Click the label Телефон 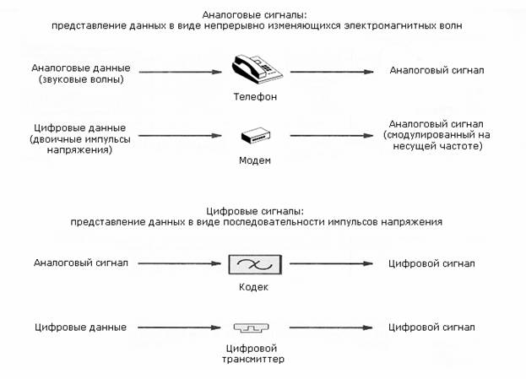(254, 97)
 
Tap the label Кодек (254, 288)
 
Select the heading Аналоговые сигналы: (255, 15)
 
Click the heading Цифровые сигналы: (255, 211)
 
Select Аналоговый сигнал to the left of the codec (81, 263)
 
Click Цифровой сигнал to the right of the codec (431, 263)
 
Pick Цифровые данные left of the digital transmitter (81, 327)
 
